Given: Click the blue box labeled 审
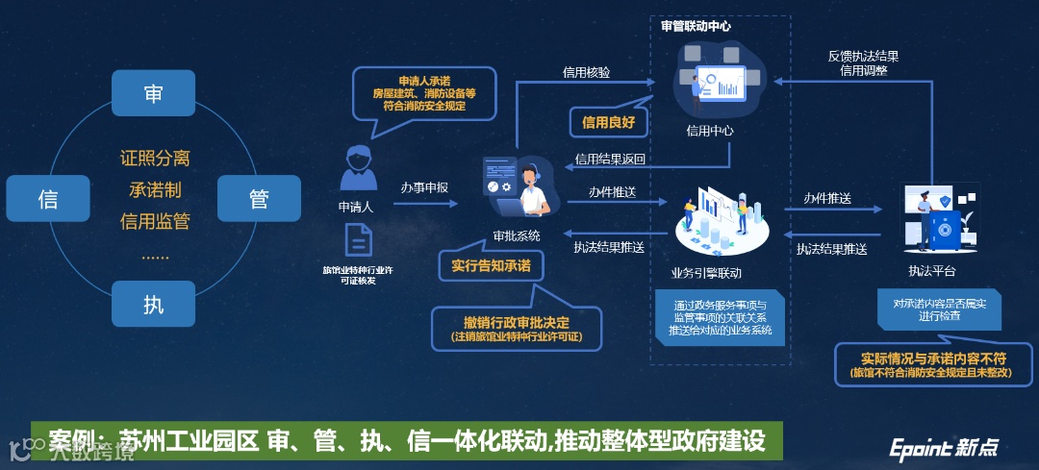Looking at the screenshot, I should pyautogui.click(x=153, y=93).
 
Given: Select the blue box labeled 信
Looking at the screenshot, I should pyautogui.click(x=47, y=199).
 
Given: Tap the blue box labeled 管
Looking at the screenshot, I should pyautogui.click(x=259, y=199).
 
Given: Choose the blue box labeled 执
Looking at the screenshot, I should pyautogui.click(x=153, y=305).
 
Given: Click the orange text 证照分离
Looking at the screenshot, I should pyautogui.click(x=155, y=157).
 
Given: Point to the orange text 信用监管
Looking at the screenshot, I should pyautogui.click(x=155, y=221).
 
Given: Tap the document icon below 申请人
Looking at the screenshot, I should pyautogui.click(x=358, y=240).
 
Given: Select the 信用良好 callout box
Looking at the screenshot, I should pyautogui.click(x=608, y=122).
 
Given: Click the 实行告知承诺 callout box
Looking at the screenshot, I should pyautogui.click(x=491, y=265).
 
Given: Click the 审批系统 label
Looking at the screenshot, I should pyautogui.click(x=517, y=235).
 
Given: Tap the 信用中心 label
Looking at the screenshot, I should pyautogui.click(x=710, y=130).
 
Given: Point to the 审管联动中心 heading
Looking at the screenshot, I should pyautogui.click(x=696, y=26).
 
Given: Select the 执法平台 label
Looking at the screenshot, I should pyautogui.click(x=931, y=271).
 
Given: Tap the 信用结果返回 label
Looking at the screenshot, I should pyautogui.click(x=609, y=159).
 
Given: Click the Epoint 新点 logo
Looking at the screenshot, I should pyautogui.click(x=943, y=447).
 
